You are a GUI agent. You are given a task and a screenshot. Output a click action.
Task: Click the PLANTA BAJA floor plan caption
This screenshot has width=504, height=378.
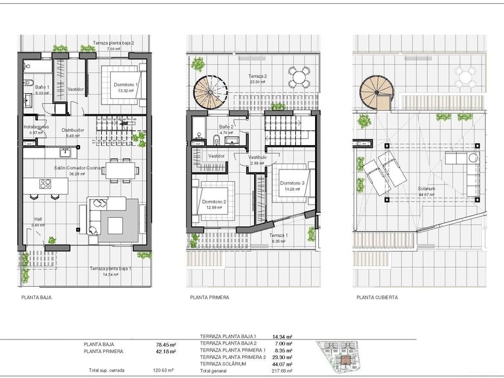click(36, 297)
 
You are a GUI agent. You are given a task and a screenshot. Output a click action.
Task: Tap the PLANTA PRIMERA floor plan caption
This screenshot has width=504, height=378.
click(209, 297)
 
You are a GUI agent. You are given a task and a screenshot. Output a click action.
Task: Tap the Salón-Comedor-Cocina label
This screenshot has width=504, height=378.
click(77, 168)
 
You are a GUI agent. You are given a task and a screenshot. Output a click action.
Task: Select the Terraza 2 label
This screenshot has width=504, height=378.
click(257, 77)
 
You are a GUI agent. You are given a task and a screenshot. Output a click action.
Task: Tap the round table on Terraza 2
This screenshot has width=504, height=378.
click(299, 77)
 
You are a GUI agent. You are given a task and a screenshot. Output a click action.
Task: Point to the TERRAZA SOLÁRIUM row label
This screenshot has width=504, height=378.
click(223, 364)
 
